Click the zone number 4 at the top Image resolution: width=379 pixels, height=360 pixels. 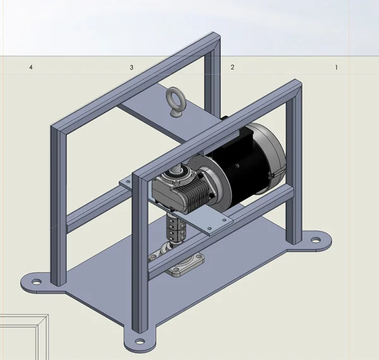[30, 67]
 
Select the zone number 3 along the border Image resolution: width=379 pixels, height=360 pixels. [131, 67]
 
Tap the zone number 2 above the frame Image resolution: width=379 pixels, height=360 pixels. [232, 67]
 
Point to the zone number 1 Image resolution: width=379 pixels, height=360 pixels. [336, 67]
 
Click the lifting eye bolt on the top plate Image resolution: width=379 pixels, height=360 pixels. [173, 101]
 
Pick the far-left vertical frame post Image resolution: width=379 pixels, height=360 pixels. [57, 208]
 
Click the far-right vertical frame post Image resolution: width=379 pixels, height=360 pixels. [294, 164]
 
